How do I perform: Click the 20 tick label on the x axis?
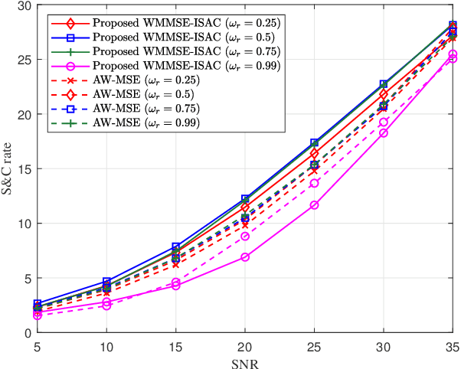coord(245,345)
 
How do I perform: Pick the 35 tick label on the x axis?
coord(453,345)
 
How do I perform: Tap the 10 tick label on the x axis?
coord(106,345)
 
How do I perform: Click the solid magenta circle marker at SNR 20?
coord(245,257)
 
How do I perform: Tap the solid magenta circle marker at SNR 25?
coord(314,205)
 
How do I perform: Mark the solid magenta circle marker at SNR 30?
coord(384,132)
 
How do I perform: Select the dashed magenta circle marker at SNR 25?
coord(314,183)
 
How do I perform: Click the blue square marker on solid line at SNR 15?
coord(176,247)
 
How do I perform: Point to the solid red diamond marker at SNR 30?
coord(384,94)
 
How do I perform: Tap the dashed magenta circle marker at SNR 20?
coord(245,237)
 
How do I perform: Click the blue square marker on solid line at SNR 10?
coord(106,282)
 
